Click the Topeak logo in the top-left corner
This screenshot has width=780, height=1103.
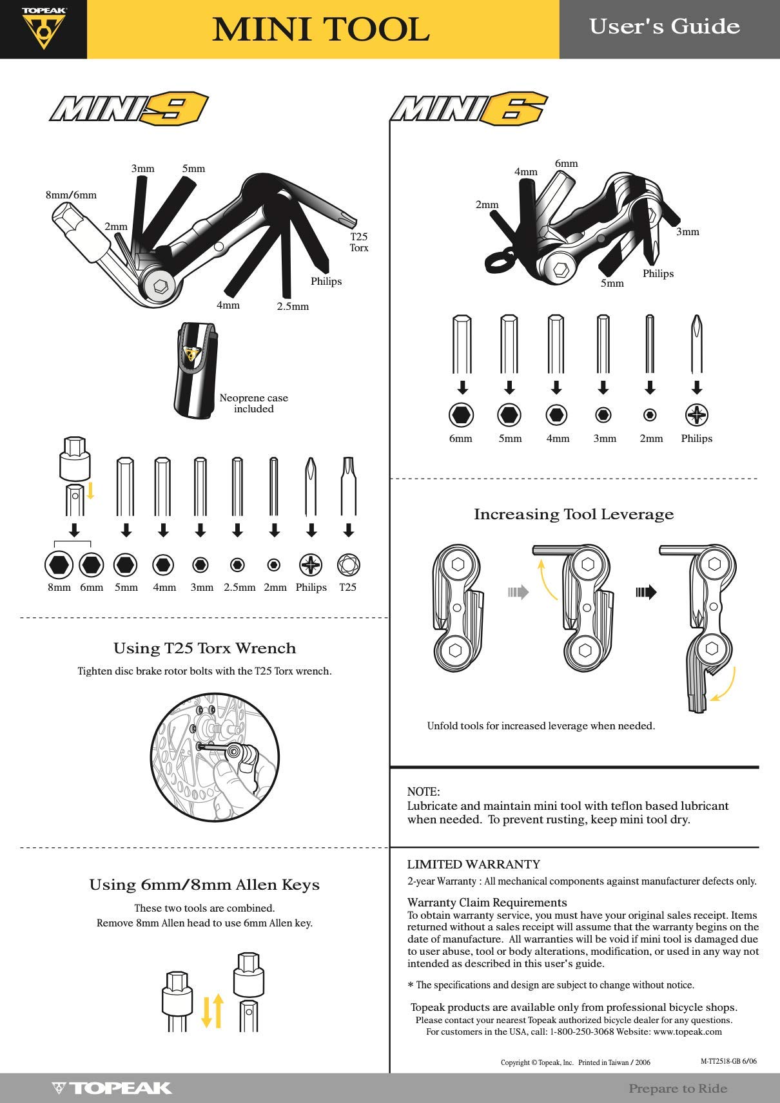tap(43, 29)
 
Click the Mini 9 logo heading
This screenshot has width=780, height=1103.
tap(129, 108)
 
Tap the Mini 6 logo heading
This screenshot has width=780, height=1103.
tap(469, 108)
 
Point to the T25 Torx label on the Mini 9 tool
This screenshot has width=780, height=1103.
tap(358, 242)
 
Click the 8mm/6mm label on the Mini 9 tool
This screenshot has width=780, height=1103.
tap(71, 195)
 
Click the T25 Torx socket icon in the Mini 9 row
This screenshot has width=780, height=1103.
tap(348, 565)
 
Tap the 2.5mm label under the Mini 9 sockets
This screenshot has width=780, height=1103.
tap(239, 588)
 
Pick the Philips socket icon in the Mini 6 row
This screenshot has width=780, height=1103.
tap(697, 415)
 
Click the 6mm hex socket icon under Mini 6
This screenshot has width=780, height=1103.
tap(461, 415)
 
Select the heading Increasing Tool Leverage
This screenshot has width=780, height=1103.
tap(574, 514)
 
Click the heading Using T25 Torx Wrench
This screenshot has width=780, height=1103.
tap(204, 648)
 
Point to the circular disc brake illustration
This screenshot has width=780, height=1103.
tap(214, 757)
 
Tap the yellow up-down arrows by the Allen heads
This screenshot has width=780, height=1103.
tap(212, 1010)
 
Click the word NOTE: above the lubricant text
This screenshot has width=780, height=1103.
tap(423, 792)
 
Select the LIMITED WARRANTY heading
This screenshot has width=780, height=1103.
tap(473, 865)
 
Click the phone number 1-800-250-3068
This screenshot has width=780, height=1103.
tap(581, 1031)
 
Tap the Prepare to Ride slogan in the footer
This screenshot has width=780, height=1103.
tap(678, 1088)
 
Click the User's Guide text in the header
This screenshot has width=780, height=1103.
tap(664, 26)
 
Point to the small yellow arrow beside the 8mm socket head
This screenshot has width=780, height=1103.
tap(91, 490)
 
